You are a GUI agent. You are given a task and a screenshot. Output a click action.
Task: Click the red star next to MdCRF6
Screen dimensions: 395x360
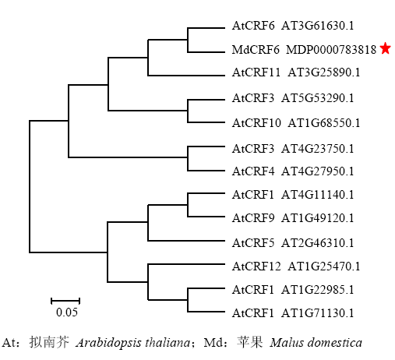tap(385, 48)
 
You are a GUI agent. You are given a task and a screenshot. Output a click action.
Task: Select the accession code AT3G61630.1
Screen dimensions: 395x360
tap(317, 26)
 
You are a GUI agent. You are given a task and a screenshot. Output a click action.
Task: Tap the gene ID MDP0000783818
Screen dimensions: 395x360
tap(331, 49)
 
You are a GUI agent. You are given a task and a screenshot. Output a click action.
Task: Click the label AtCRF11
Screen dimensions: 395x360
tap(256, 72)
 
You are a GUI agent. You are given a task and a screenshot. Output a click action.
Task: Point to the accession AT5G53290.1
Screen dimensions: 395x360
tap(317, 98)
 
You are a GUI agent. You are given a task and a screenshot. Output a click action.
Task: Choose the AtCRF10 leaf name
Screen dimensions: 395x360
tap(256, 122)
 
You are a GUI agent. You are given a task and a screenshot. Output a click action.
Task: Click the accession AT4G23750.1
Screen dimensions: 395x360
tap(317, 149)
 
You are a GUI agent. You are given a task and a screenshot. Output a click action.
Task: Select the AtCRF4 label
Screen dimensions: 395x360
tap(253, 171)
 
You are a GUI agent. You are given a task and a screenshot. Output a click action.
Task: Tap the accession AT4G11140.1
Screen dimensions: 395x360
tap(317, 195)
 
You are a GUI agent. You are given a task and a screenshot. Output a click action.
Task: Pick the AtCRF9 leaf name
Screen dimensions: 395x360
tap(253, 218)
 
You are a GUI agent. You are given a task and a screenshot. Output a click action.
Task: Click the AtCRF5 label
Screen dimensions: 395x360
tap(253, 243)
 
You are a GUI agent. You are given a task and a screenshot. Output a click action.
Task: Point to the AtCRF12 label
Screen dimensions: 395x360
tap(256, 266)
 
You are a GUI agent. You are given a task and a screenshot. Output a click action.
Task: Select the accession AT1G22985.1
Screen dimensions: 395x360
tap(317, 290)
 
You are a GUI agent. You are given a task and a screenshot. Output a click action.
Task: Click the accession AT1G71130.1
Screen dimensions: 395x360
tap(317, 313)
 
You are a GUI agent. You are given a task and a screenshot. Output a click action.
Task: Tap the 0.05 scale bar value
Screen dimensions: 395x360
tap(67, 312)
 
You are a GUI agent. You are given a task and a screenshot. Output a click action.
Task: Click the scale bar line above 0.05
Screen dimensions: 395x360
tap(65, 301)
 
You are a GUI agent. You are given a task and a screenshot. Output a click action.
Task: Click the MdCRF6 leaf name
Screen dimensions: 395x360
tap(256, 49)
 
